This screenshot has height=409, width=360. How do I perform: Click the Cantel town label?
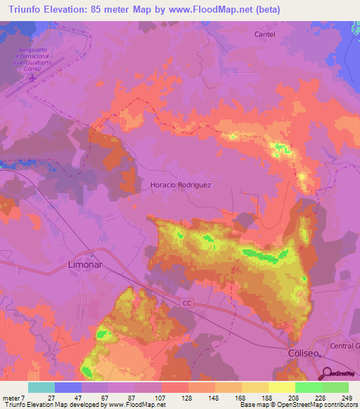point(264,34)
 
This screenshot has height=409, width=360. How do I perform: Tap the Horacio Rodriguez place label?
point(181,185)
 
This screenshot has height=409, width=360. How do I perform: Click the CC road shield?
point(186,303)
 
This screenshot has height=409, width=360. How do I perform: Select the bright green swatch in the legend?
point(308,387)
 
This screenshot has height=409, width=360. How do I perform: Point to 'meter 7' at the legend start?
point(15,398)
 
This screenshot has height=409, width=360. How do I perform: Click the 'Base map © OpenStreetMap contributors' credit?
point(298,405)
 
